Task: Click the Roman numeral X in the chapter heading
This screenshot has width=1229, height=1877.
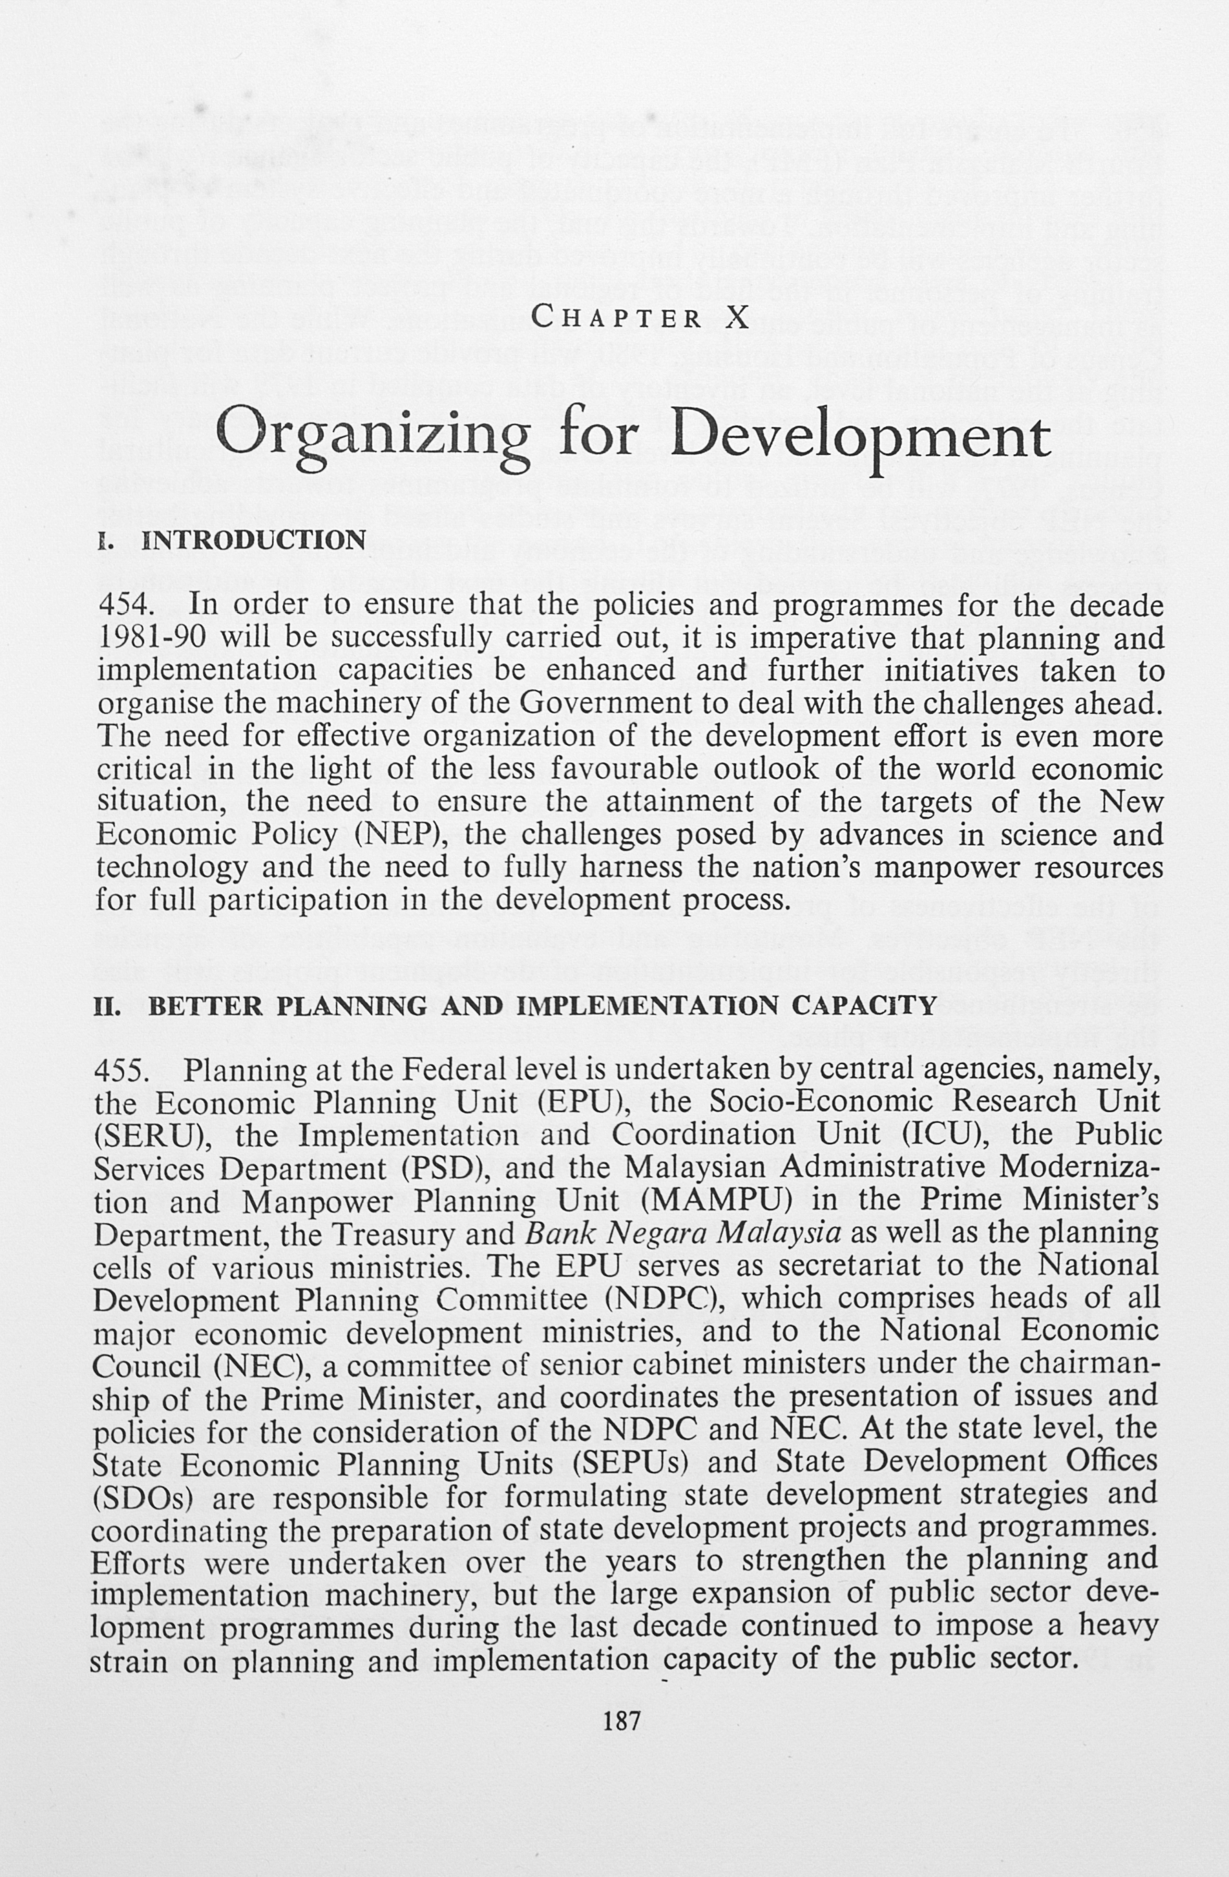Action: tap(737, 318)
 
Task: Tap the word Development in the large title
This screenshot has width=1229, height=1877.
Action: tap(863, 435)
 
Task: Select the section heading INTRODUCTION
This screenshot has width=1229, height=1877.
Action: tap(254, 540)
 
